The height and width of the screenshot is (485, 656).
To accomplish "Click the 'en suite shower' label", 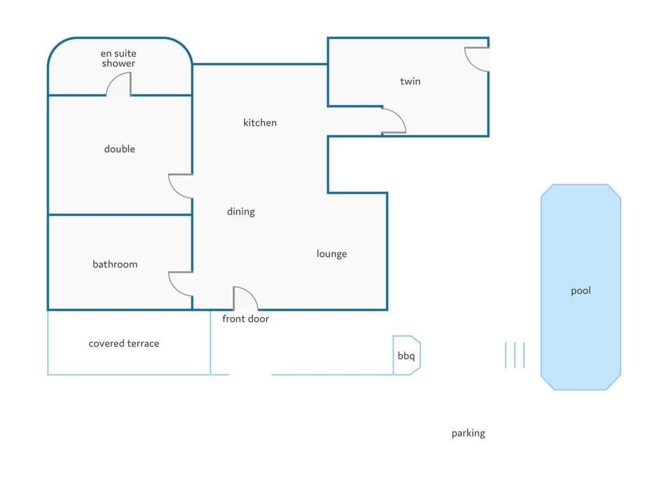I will (118, 58).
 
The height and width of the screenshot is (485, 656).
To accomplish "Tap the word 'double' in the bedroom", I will (120, 149).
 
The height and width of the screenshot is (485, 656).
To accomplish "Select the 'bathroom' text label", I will (115, 264).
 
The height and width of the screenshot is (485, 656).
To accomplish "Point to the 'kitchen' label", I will (260, 123).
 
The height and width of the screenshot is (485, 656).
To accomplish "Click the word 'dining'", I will (241, 212).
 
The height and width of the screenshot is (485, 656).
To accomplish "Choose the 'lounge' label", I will (331, 254).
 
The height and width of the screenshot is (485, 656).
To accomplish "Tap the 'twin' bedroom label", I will (410, 81).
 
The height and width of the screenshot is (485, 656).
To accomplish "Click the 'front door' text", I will (245, 319).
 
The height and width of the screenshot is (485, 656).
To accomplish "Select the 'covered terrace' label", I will (124, 343).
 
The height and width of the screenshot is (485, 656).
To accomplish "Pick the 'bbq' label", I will (406, 356).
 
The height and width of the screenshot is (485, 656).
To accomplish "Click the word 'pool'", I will (581, 291).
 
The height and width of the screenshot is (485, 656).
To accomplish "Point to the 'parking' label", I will (468, 433).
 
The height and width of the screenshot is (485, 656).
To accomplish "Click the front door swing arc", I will (245, 299).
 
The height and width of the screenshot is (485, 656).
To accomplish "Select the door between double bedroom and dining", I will (180, 186).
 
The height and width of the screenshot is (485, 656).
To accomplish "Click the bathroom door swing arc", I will (180, 284).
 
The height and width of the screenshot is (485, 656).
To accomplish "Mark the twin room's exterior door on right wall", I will (478, 59).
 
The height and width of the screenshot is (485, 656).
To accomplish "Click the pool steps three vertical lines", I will (515, 355).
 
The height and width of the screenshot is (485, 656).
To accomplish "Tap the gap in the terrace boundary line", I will (250, 374).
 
